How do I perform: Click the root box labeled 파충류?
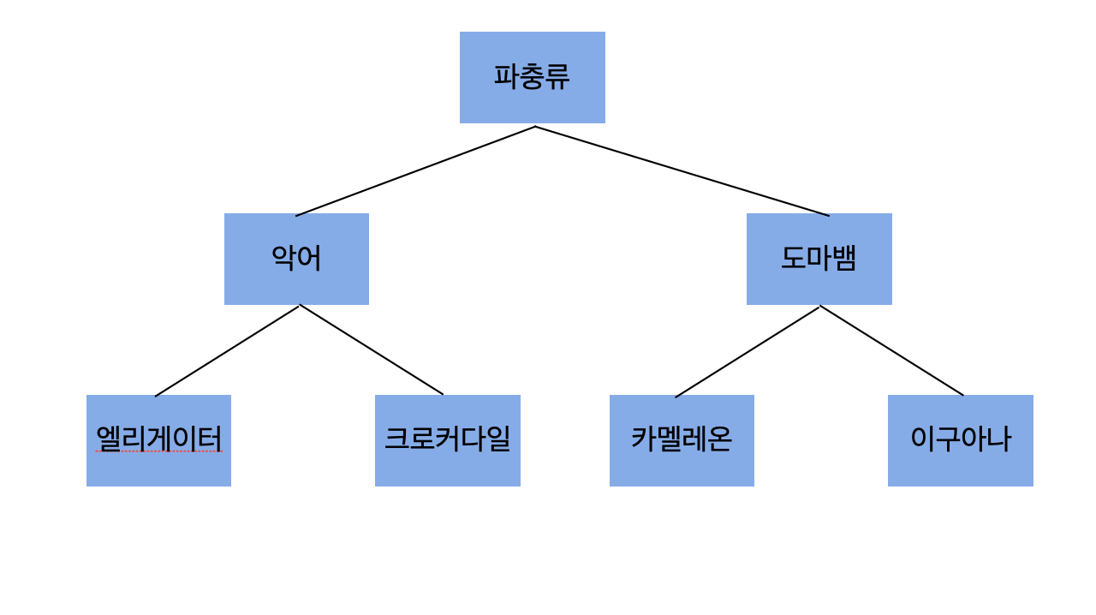coord(532,77)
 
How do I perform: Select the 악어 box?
coord(296,259)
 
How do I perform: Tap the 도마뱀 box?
coord(819,259)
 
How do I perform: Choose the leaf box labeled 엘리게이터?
coord(158,440)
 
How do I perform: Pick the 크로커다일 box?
coord(447,440)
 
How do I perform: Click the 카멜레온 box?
coord(682,440)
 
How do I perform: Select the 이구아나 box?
coord(960,440)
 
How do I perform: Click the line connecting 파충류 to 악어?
coord(415,171)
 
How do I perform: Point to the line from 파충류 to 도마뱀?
coord(682,171)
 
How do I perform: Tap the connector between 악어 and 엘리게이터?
coord(227,351)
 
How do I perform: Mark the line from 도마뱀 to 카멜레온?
coord(748,352)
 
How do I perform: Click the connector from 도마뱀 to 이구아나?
coord(891,351)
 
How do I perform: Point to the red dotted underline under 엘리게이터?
coord(158,451)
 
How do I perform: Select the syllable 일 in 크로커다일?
coord(498,439)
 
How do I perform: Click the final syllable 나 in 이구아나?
coord(998,439)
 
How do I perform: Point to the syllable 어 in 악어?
coord(309,259)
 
